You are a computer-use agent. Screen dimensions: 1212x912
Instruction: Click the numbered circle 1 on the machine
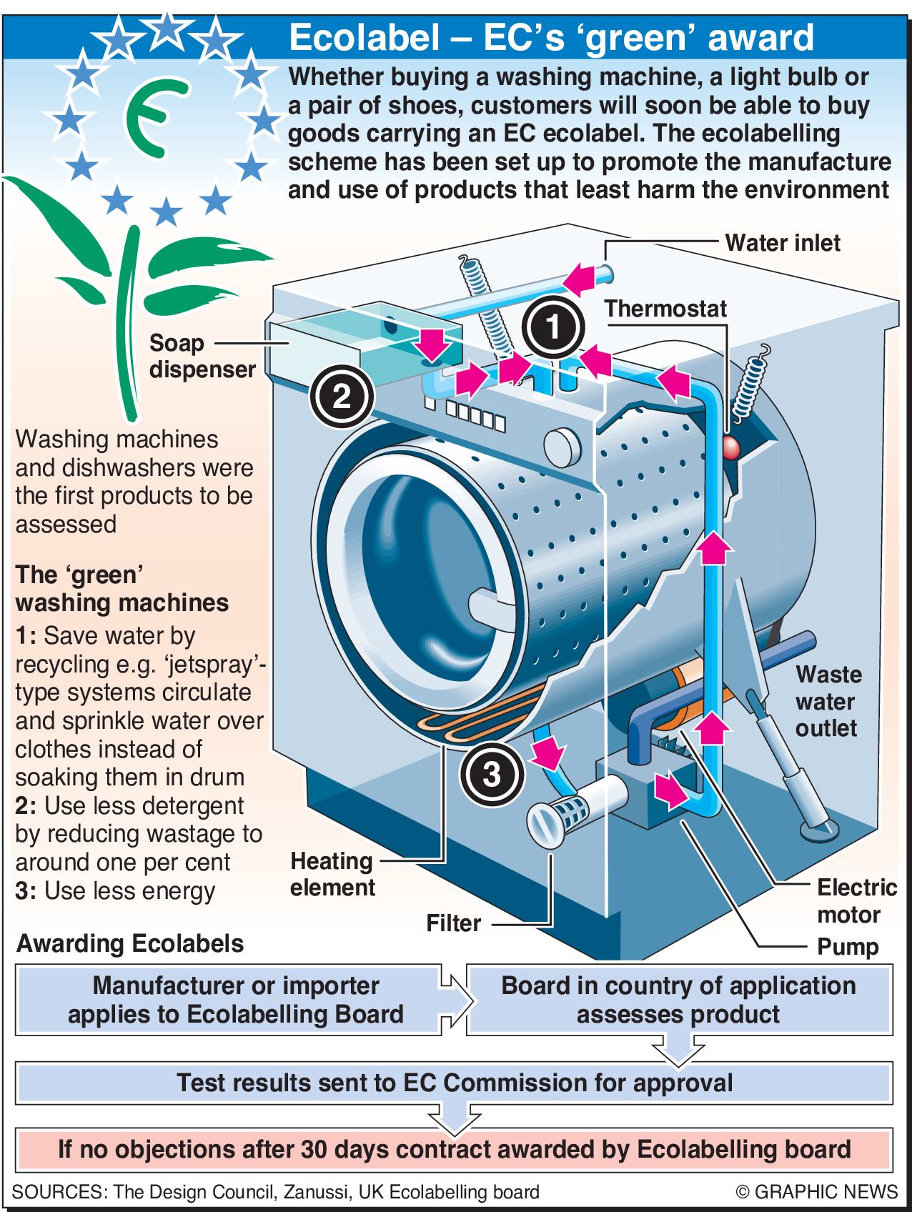(x=553, y=327)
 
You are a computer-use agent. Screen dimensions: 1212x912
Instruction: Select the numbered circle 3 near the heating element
(x=492, y=773)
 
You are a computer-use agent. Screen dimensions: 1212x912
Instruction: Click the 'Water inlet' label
(x=783, y=243)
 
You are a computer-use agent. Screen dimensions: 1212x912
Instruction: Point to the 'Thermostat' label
(x=665, y=309)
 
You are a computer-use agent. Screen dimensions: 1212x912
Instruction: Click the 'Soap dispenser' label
(x=202, y=356)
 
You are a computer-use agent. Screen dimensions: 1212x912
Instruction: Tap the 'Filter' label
(x=453, y=923)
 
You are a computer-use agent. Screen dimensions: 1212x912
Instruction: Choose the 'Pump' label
(x=848, y=947)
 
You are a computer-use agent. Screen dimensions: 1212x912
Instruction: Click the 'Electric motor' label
(x=856, y=901)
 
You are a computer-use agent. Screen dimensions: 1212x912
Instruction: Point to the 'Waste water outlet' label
(x=828, y=701)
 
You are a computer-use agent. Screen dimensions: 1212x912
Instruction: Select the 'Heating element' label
(x=332, y=874)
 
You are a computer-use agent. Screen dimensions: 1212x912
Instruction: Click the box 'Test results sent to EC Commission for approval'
(x=455, y=1083)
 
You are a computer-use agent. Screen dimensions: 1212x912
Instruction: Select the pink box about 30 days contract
(x=455, y=1149)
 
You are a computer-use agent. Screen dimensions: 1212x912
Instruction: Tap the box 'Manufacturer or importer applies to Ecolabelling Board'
(x=235, y=1000)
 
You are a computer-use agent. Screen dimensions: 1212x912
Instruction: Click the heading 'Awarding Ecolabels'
(x=130, y=943)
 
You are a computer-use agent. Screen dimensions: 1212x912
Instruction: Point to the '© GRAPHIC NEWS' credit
(x=816, y=1192)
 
